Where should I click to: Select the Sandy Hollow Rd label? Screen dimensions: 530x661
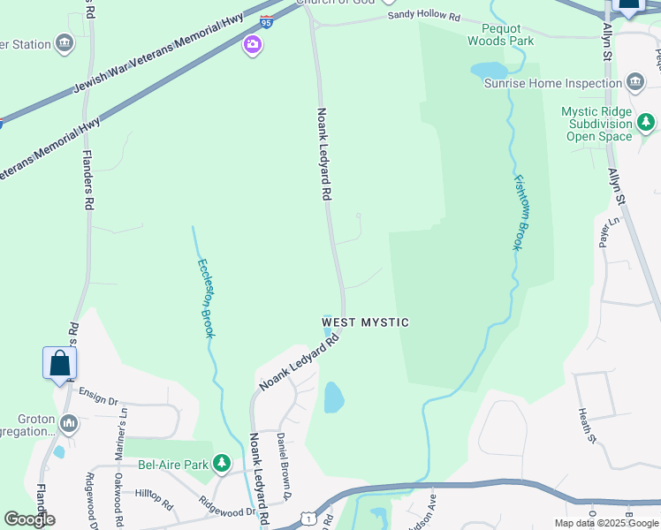coord(424,17)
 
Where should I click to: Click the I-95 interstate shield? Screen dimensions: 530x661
coord(267,21)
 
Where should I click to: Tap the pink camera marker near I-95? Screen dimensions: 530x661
coord(253,45)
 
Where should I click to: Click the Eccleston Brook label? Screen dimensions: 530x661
coord(206,297)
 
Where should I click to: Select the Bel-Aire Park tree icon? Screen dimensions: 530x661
coord(221,462)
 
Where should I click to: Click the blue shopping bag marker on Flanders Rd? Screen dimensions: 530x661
coord(59,363)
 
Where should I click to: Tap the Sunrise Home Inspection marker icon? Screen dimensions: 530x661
coord(634,83)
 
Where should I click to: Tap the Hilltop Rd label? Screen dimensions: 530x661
coord(154,499)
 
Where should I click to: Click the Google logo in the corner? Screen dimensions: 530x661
coord(29,519)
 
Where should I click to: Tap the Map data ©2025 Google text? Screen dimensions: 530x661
coord(605,523)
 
